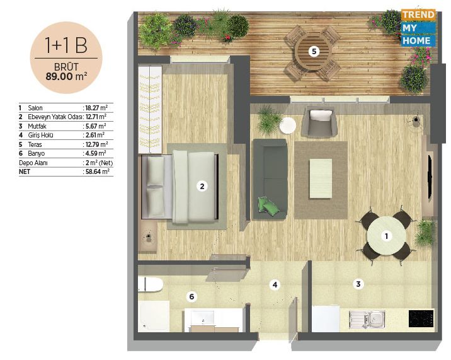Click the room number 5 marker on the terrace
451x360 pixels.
click(314, 52)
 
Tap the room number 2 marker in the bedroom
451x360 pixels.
click(202, 187)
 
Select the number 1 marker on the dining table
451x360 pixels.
click(386, 236)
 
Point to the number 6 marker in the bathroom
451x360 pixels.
click(191, 296)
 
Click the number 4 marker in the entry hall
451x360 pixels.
click(275, 285)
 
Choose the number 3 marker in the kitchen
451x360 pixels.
click(358, 284)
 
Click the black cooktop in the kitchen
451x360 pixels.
click(421, 318)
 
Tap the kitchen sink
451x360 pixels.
click(367, 320)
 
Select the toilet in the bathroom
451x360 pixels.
click(151, 284)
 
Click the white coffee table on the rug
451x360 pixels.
click(321, 178)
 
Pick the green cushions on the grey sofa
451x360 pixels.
click(268, 205)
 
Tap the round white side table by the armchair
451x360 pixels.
click(288, 126)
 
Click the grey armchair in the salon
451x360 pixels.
click(319, 122)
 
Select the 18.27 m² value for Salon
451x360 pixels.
click(96, 108)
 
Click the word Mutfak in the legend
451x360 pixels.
click(37, 126)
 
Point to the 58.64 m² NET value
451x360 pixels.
click(98, 172)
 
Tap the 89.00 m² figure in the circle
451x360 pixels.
click(66, 76)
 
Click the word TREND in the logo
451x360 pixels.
click(418, 15)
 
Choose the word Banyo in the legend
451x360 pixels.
click(37, 154)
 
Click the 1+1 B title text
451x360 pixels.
click(66, 45)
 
